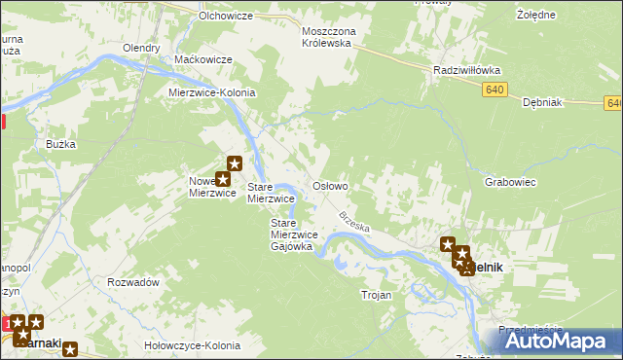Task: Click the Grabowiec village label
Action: (x=511, y=181)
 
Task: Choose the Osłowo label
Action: (x=329, y=185)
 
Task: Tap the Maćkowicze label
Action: (x=202, y=59)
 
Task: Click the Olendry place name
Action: (x=141, y=48)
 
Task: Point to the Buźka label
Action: (x=60, y=144)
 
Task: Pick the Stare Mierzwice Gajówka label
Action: (x=291, y=234)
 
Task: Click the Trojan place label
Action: (x=376, y=295)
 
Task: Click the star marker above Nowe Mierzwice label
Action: (x=234, y=163)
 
